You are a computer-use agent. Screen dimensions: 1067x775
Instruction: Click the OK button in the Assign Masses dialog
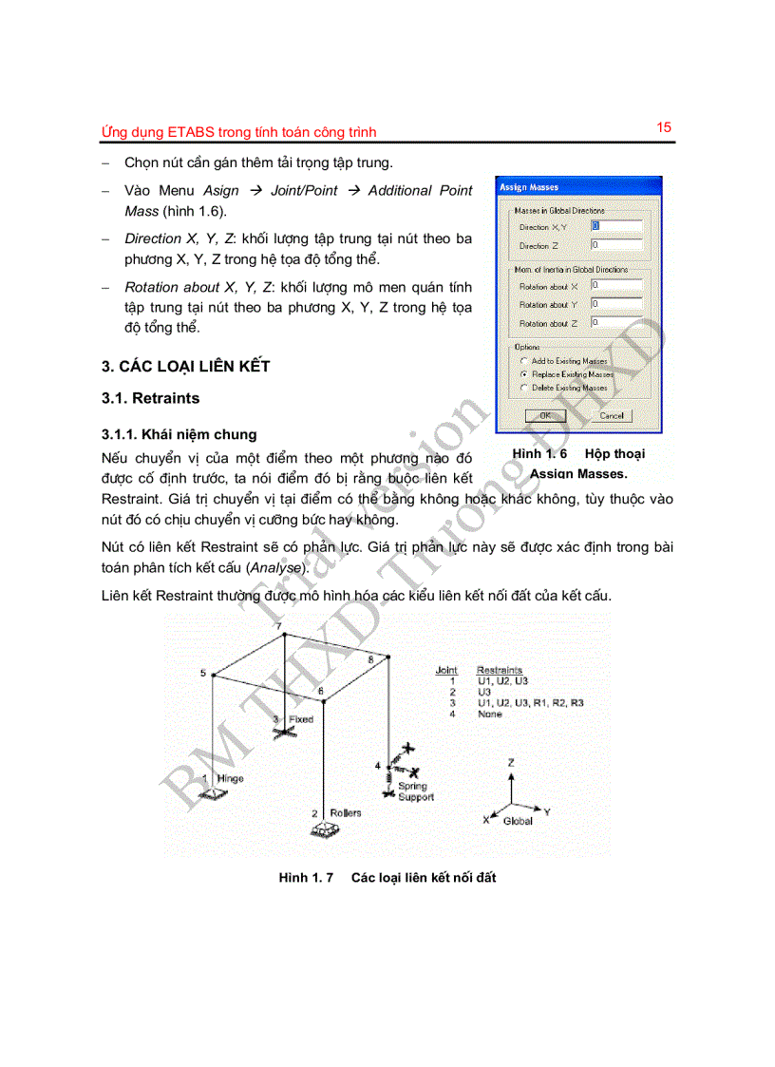[545, 415]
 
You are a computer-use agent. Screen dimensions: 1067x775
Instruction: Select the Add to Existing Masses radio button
[523, 361]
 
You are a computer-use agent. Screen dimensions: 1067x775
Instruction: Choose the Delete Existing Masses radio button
[523, 388]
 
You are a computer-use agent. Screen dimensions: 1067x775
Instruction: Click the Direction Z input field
[615, 245]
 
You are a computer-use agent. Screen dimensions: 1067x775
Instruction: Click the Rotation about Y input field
[615, 304]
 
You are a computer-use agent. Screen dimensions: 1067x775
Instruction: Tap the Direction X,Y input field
[615, 227]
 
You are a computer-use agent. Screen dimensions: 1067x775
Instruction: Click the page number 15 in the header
[664, 127]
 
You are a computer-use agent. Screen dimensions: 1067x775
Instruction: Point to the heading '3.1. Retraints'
[151, 398]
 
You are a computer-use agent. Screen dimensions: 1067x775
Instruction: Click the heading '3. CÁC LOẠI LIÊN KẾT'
[185, 366]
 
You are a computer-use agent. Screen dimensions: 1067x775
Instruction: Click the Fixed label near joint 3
[300, 719]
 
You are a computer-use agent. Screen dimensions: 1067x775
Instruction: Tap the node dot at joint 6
[325, 703]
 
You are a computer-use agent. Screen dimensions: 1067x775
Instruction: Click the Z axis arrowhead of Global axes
[512, 773]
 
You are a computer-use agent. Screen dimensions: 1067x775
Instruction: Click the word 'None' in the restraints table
[490, 714]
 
